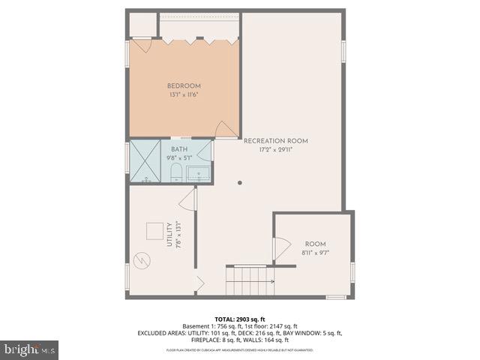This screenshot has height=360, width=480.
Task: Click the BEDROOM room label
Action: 184,85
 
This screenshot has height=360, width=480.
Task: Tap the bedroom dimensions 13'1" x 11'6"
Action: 184,95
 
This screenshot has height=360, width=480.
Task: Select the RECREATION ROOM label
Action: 276,141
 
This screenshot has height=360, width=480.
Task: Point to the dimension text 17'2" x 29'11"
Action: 275,150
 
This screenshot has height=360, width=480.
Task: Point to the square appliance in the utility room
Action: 154,232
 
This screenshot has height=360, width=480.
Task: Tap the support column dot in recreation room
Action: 240,182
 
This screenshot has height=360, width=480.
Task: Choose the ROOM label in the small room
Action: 315,244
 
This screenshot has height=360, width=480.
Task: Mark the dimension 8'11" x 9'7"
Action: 315,253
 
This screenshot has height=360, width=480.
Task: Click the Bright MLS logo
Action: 30,349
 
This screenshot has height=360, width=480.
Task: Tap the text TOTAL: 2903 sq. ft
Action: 239,319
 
